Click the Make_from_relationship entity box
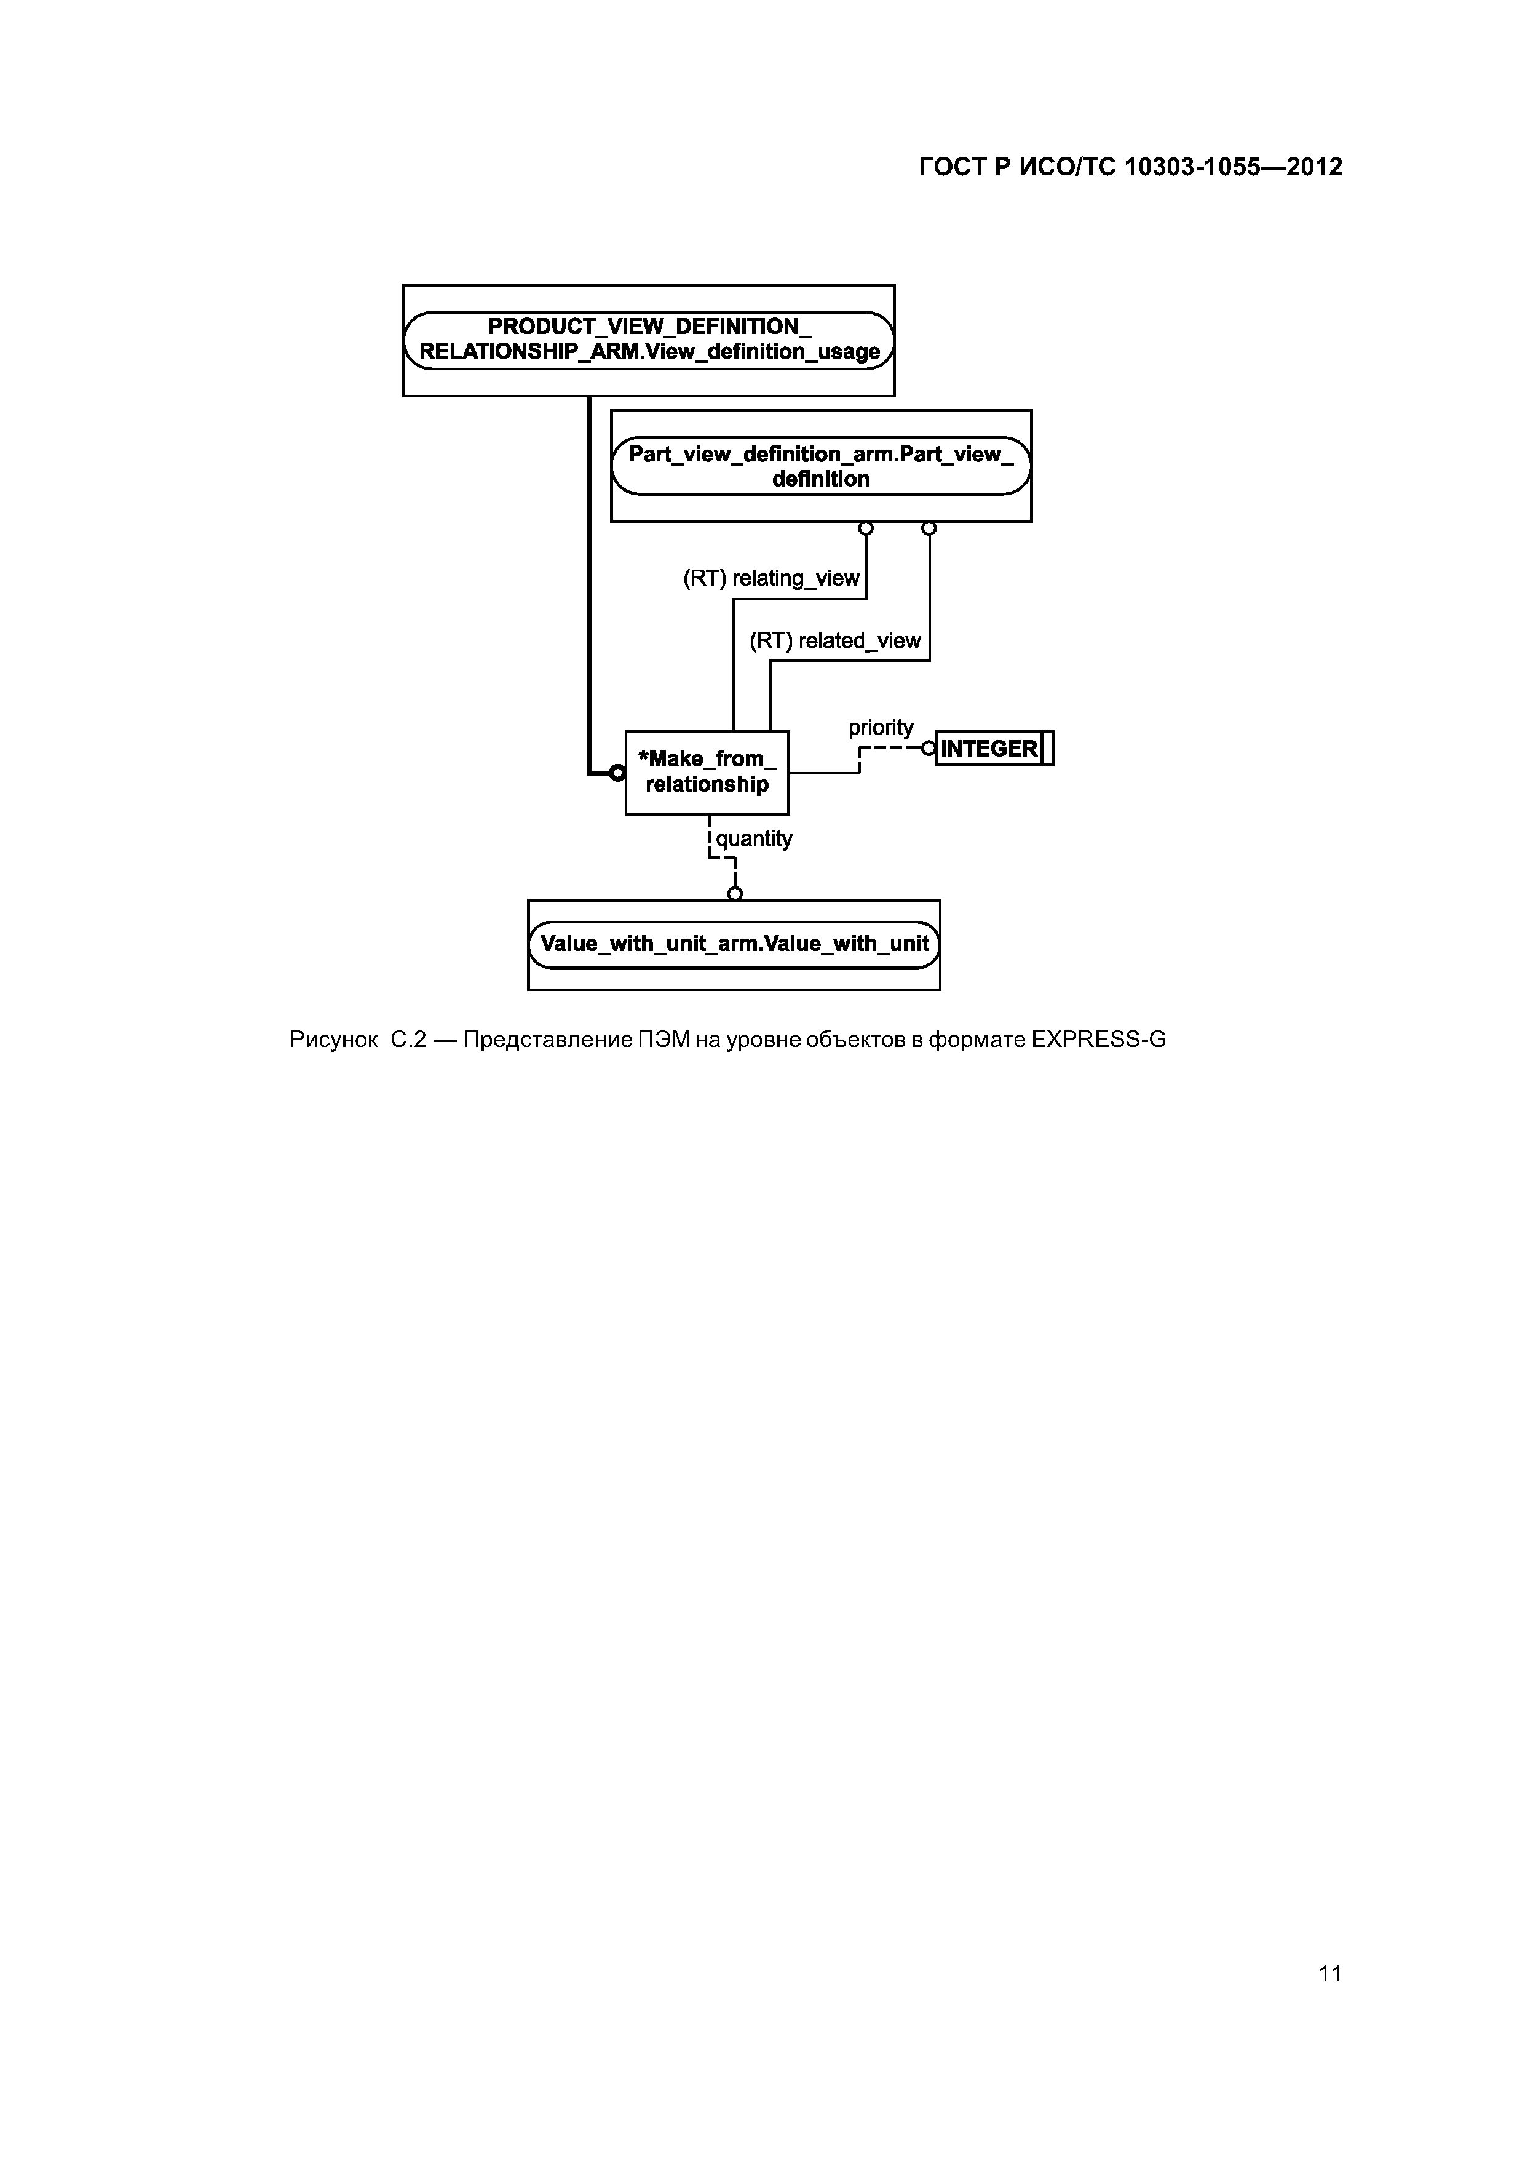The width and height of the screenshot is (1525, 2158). (x=707, y=773)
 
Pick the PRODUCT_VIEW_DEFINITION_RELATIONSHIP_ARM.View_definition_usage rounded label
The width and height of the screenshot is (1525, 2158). (x=648, y=340)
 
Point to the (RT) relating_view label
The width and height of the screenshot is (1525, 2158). (x=770, y=579)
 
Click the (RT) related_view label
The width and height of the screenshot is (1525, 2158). (x=834, y=641)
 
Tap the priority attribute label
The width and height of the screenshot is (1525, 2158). (x=881, y=728)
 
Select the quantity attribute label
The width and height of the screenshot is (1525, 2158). (x=753, y=838)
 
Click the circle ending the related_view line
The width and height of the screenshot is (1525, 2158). (x=929, y=529)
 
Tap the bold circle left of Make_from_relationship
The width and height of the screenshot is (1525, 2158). (x=616, y=773)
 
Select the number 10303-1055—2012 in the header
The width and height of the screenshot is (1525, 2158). (x=1233, y=167)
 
